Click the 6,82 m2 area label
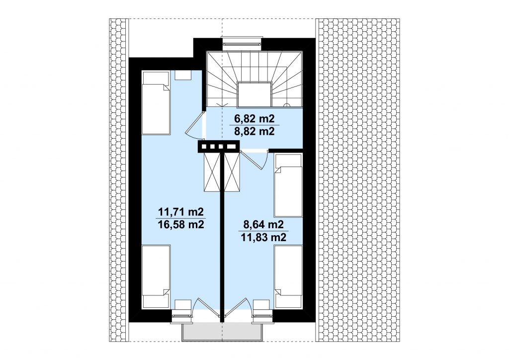(254, 119)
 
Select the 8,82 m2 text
(254, 131)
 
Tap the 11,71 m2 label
(181, 212)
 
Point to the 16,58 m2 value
(181, 224)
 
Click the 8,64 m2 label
(263, 224)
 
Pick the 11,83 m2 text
(263, 237)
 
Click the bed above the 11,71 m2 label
(156, 103)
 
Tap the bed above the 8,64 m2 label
(288, 185)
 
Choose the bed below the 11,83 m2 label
(288, 276)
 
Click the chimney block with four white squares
(219, 146)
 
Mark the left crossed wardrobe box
(212, 172)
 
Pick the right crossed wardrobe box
(232, 172)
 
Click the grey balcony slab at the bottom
(222, 332)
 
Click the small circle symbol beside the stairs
(287, 105)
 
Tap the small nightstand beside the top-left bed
(183, 75)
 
